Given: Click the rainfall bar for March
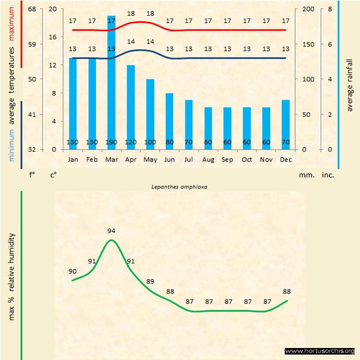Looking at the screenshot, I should click(x=111, y=82).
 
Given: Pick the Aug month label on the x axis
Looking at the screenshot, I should click(x=208, y=160).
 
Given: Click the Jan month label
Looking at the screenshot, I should click(x=73, y=160).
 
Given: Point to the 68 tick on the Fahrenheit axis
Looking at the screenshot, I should click(x=32, y=9).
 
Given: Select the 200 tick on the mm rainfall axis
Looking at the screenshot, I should click(x=309, y=9).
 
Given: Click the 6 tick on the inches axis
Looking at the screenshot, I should click(x=329, y=44).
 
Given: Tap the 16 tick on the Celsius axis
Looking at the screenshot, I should click(x=52, y=37).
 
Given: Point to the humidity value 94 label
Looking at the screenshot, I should click(x=111, y=231).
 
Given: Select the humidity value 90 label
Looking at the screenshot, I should click(x=73, y=271).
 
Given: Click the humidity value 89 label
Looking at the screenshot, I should click(x=150, y=281).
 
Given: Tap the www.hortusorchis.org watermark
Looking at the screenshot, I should click(x=320, y=351).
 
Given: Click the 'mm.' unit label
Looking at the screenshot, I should click(x=304, y=175).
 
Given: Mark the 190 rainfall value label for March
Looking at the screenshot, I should click(x=111, y=142).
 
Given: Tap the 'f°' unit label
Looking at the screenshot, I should click(x=32, y=175).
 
